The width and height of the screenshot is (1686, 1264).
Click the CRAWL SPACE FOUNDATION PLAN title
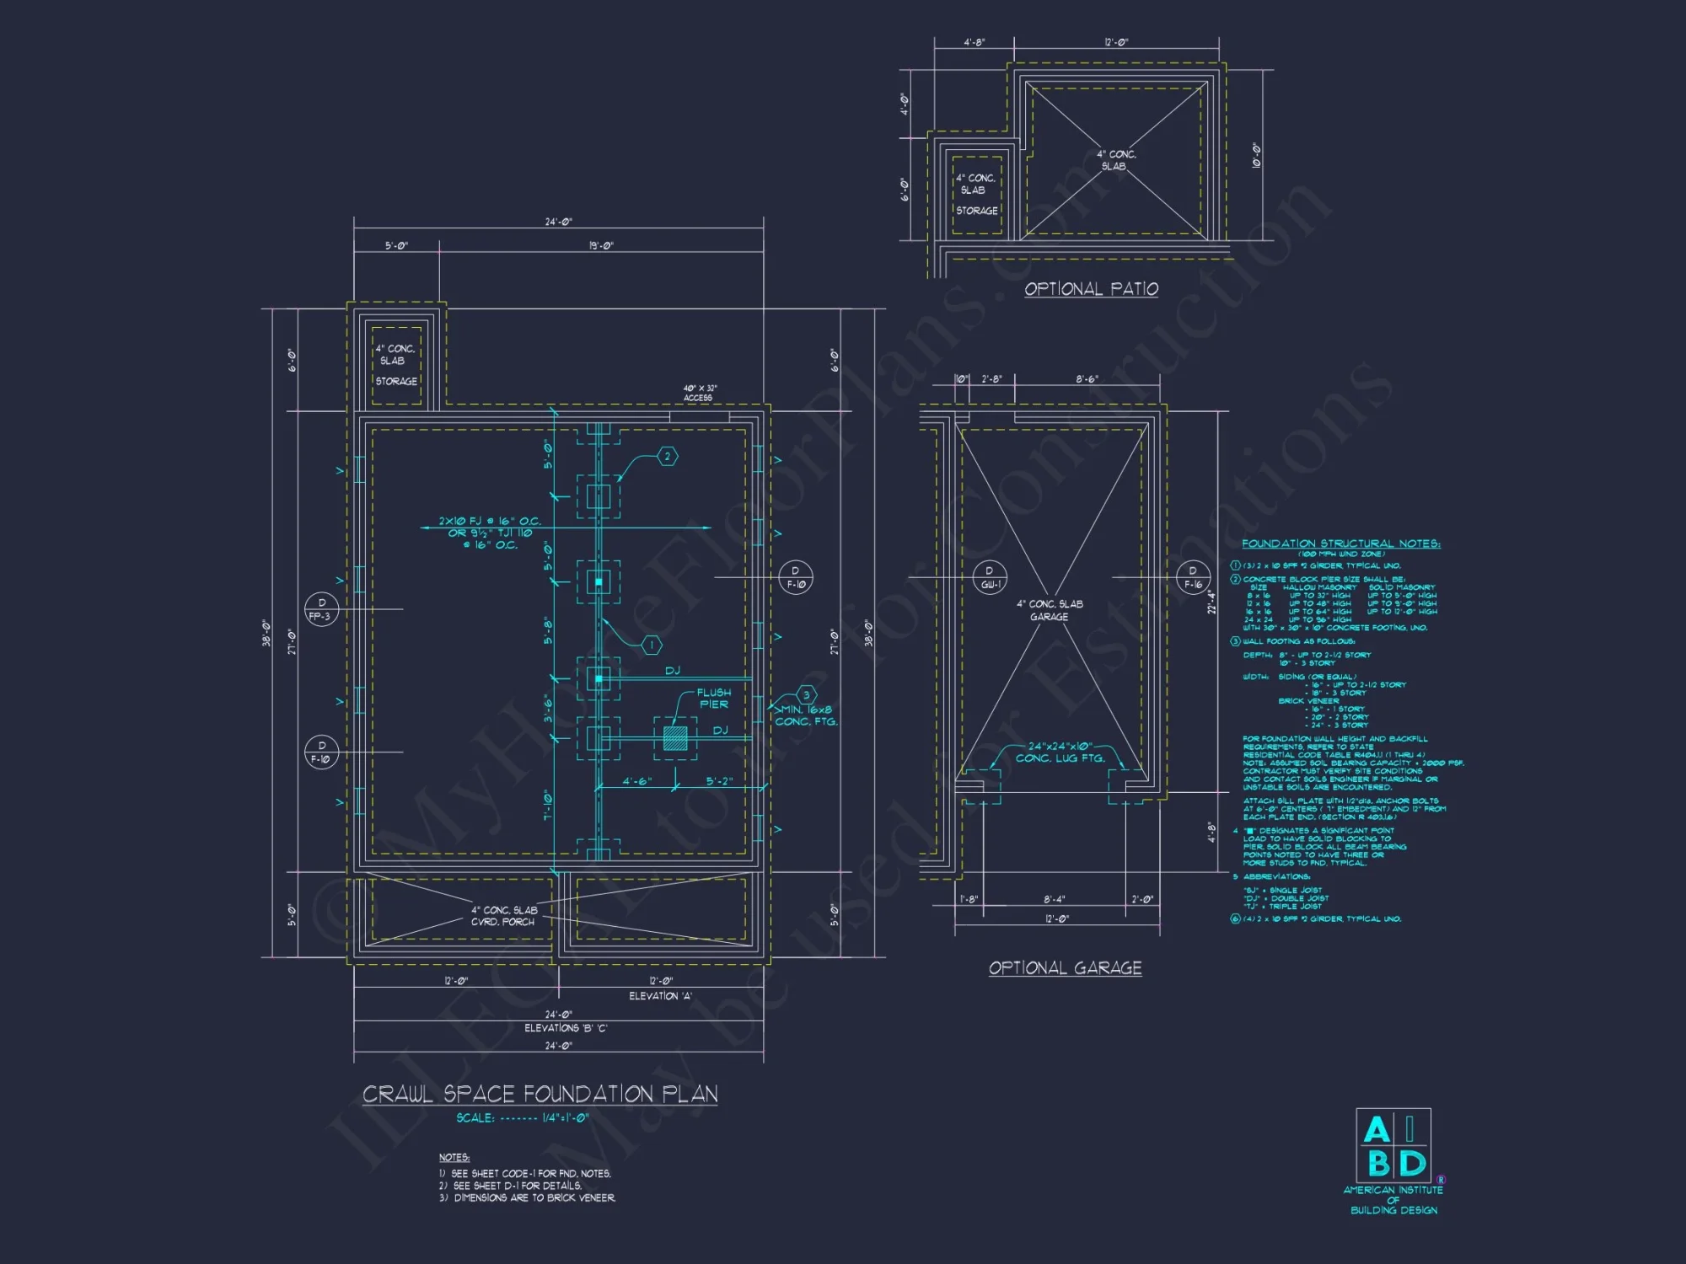[x=540, y=1094]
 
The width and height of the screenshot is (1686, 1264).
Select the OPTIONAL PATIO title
[x=1091, y=289]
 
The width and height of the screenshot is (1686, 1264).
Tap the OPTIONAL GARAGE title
[x=1065, y=968]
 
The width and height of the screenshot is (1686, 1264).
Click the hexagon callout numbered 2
[x=668, y=457]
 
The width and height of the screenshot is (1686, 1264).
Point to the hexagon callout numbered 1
[x=652, y=645]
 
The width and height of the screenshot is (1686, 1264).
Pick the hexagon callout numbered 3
[x=807, y=695]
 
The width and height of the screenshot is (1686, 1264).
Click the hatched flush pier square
[x=675, y=738]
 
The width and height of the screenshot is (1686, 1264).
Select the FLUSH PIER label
[x=713, y=699]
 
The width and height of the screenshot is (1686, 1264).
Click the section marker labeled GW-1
[x=990, y=577]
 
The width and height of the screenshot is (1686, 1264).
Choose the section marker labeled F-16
[x=1193, y=577]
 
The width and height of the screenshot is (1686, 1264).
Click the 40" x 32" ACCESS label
[x=699, y=393]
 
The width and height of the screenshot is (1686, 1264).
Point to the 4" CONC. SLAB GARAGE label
[x=1049, y=610]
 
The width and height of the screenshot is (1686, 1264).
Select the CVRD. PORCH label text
[x=502, y=922]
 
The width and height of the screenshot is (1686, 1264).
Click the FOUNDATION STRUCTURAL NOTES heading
[x=1340, y=544]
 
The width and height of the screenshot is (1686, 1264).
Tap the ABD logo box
[x=1393, y=1146]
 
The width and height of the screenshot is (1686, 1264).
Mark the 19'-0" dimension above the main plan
[x=601, y=246]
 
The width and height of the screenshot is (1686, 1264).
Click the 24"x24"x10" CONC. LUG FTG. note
[x=1060, y=752]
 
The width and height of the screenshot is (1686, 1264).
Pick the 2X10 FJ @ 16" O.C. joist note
[x=489, y=522]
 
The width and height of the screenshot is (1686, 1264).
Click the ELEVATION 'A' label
[x=660, y=996]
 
